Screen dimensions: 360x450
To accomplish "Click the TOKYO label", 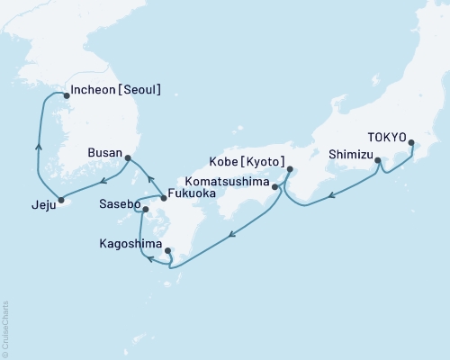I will [x=389, y=139].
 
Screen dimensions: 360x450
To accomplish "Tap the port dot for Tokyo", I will [x=410, y=143].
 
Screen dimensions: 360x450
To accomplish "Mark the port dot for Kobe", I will [x=290, y=169].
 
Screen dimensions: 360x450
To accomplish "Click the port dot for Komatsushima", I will [x=274, y=187].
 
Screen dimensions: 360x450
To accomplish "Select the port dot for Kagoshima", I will [x=167, y=252].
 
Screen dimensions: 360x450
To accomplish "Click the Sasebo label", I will [x=117, y=206].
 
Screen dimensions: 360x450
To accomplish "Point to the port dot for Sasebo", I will [x=145, y=210].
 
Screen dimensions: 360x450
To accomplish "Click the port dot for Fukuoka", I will [x=163, y=197].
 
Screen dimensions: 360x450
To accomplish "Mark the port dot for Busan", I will [x=128, y=158].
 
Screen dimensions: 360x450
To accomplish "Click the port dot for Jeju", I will [x=61, y=200].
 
